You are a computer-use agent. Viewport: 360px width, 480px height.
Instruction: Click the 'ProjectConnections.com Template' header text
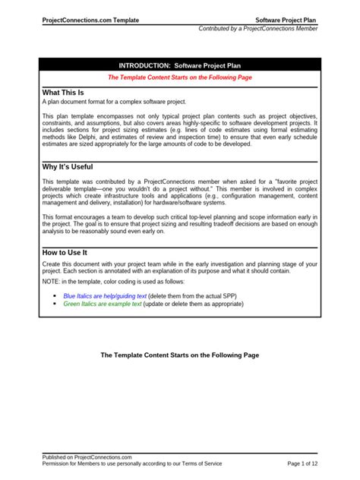90,20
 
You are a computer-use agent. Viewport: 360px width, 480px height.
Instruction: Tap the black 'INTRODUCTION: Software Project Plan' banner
181,66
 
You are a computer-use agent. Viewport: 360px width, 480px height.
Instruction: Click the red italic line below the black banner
181,77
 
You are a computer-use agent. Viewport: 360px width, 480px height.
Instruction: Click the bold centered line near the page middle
181,355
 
